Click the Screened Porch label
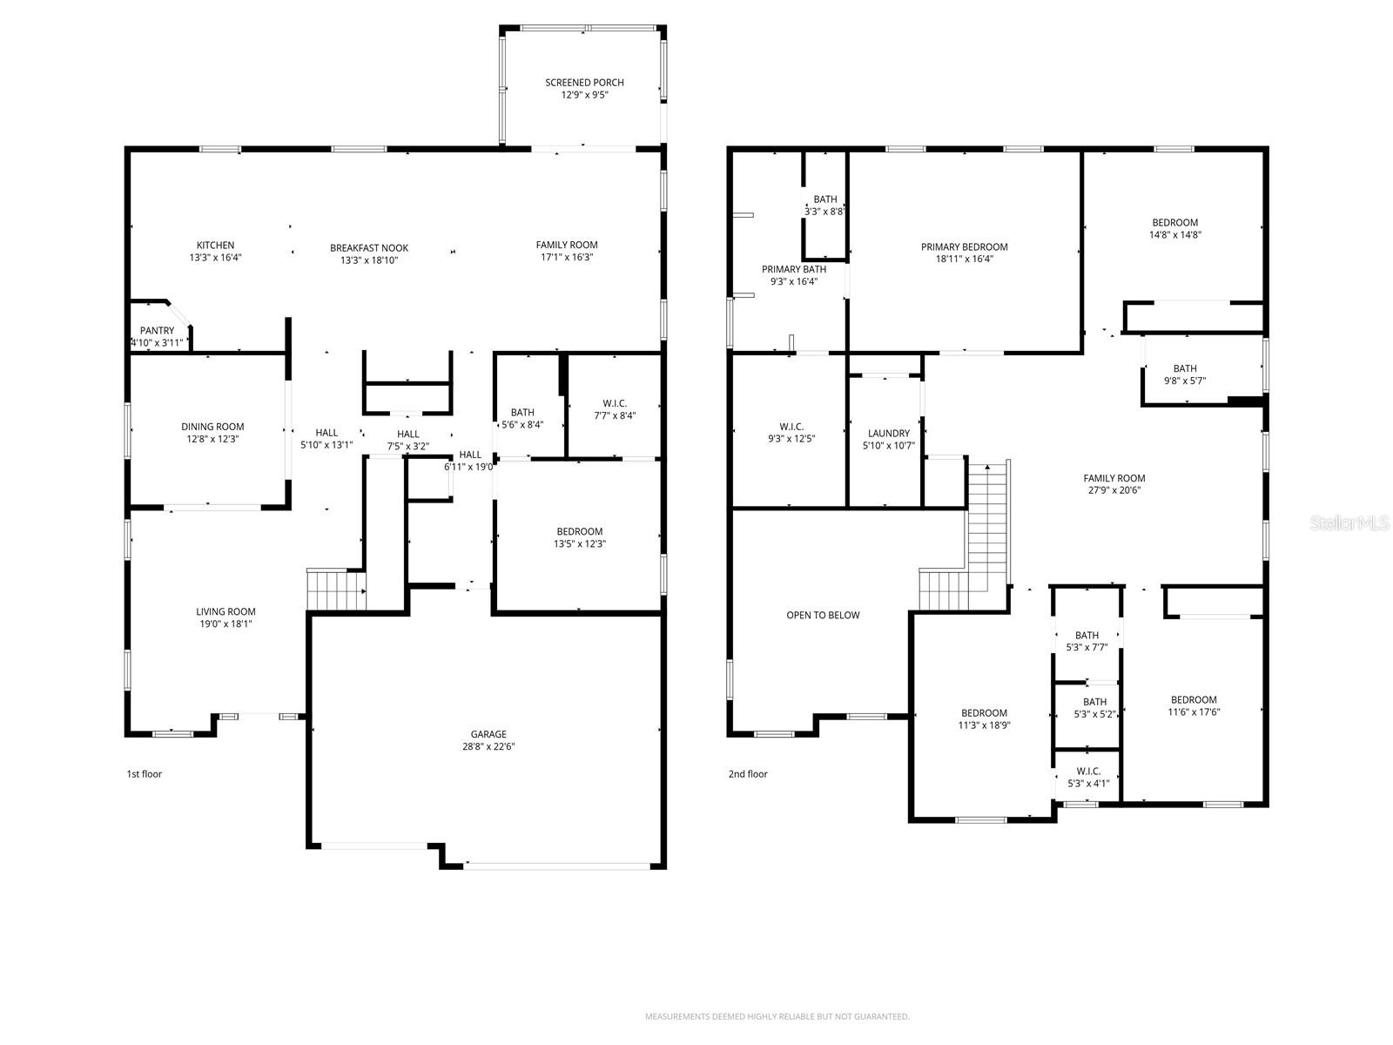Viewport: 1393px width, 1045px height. pyautogui.click(x=584, y=83)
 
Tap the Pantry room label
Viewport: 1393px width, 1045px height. pyautogui.click(x=157, y=331)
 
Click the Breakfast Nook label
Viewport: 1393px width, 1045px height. pyautogui.click(x=369, y=248)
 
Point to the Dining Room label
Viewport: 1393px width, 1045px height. pyautogui.click(x=212, y=427)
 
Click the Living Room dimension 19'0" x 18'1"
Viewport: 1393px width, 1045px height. pyautogui.click(x=225, y=624)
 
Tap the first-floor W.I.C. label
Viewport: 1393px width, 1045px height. pyautogui.click(x=614, y=404)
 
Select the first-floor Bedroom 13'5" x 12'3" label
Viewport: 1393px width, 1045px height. pyautogui.click(x=579, y=532)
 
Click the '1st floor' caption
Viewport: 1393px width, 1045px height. pyautogui.click(x=145, y=774)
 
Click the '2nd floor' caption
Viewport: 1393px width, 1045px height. pyautogui.click(x=748, y=774)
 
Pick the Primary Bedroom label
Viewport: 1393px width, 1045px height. pyautogui.click(x=964, y=247)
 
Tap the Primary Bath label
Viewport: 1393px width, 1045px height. pyautogui.click(x=793, y=270)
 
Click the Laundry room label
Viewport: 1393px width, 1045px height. pyautogui.click(x=888, y=434)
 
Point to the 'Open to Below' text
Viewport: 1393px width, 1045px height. pyautogui.click(x=823, y=616)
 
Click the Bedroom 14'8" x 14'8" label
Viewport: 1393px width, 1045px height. pyautogui.click(x=1174, y=223)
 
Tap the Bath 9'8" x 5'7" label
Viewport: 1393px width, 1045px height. pyautogui.click(x=1184, y=369)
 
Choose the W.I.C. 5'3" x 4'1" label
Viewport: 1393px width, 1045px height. pyautogui.click(x=1087, y=772)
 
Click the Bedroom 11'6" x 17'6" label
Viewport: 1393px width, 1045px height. pyautogui.click(x=1194, y=700)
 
